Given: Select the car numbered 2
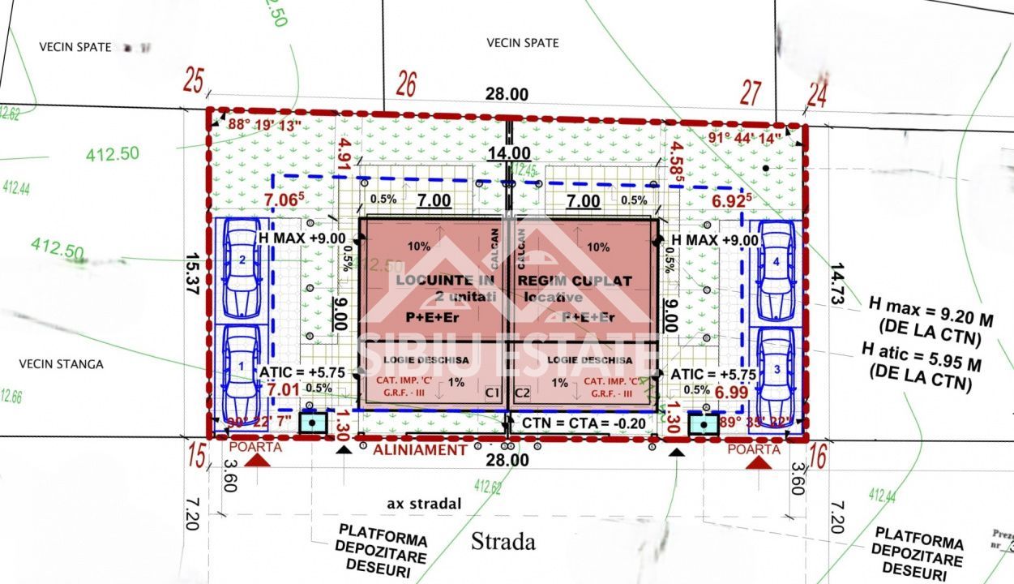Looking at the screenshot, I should point(242,268).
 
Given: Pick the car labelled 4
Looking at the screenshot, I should point(777,269).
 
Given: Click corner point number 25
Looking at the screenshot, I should point(193,81).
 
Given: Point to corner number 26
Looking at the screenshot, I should point(406,84).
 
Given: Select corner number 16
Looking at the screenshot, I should point(817,457).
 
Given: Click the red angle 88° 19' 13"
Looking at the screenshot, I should point(264,125).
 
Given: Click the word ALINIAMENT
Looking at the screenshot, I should point(418,449).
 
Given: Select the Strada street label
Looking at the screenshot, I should point(503,541).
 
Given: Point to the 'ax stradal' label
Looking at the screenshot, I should point(424,504).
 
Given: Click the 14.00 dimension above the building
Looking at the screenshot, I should point(509,153).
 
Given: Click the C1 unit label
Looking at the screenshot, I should point(492,393).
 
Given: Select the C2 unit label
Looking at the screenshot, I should point(522,393).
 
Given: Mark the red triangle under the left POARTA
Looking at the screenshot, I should point(258,461).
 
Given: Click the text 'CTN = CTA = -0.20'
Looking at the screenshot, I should point(572,423).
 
